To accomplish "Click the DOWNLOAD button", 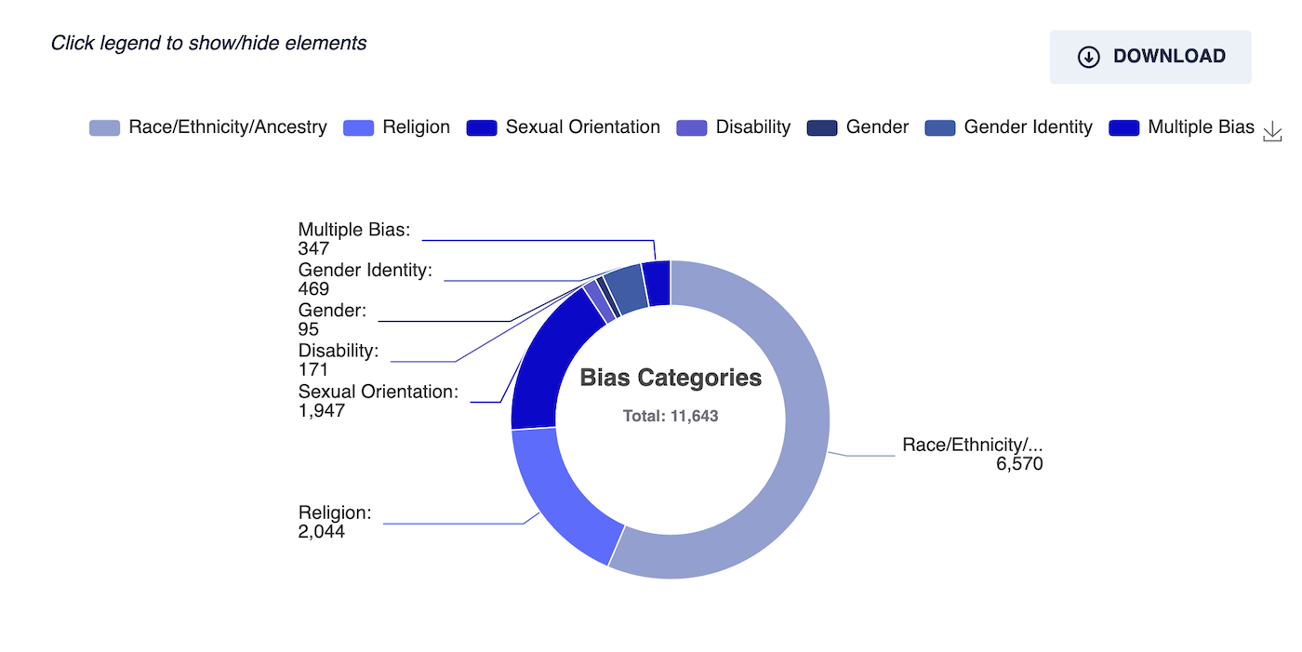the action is pos(1150,57).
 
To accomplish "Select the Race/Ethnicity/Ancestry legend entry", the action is pos(208,127).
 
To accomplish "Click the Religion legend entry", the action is pos(396,127).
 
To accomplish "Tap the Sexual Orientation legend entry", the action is pos(564,127).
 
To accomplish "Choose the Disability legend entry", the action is pos(734,127).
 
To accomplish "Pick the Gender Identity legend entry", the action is pos(1008,127).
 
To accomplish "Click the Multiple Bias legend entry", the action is pos(1181,127).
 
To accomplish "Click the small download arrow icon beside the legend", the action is pos(1272,131).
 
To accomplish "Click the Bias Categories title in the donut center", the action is pos(671,378).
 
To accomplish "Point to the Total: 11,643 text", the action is pos(671,416).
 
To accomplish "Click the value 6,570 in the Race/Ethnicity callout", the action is pos(1019,464).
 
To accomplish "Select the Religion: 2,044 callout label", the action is pos(335,522).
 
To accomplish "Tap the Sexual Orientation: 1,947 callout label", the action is pos(379,401).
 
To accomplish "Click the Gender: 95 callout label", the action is pos(333,320).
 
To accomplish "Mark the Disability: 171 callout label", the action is pos(339,360).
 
